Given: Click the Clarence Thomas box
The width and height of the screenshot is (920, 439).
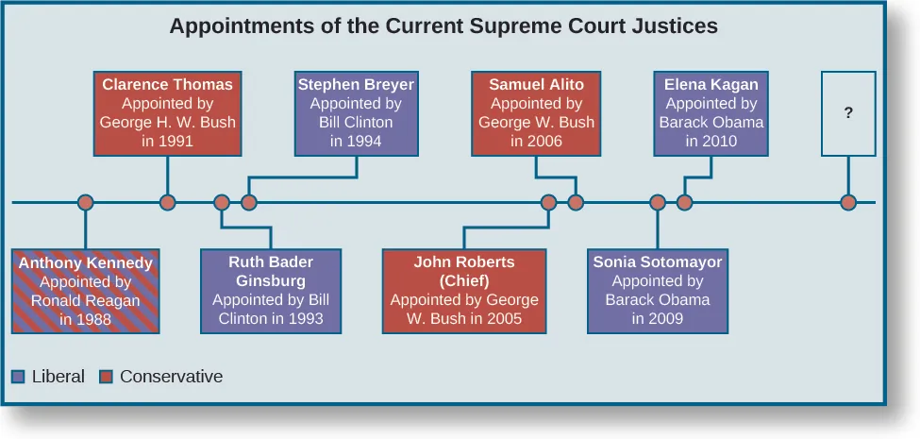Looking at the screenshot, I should click(x=167, y=113).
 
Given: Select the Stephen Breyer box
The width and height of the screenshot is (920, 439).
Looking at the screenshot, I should click(x=356, y=113).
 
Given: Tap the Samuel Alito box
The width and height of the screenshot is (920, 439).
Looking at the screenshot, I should click(x=536, y=113).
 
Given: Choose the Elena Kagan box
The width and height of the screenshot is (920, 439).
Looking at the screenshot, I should click(x=711, y=113).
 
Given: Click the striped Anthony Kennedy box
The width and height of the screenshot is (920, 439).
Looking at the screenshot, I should click(x=85, y=291).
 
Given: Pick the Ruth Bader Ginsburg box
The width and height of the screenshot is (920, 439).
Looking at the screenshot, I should click(x=271, y=291).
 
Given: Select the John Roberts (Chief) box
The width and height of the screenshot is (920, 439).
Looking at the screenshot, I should click(x=463, y=291).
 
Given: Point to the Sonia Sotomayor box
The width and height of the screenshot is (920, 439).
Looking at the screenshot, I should click(x=657, y=291).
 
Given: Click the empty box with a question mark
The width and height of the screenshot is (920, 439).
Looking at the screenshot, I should click(x=848, y=113).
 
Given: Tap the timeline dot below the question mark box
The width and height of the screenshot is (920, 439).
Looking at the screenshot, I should click(x=848, y=202).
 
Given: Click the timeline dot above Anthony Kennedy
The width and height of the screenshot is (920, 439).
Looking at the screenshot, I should click(x=85, y=202).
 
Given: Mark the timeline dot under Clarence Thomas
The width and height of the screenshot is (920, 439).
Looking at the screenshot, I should click(x=168, y=202).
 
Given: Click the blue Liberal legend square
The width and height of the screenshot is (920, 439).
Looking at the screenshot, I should click(x=19, y=377).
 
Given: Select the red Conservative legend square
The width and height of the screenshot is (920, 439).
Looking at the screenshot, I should click(x=107, y=377).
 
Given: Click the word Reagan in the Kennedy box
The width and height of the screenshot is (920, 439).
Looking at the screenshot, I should click(x=112, y=301).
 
